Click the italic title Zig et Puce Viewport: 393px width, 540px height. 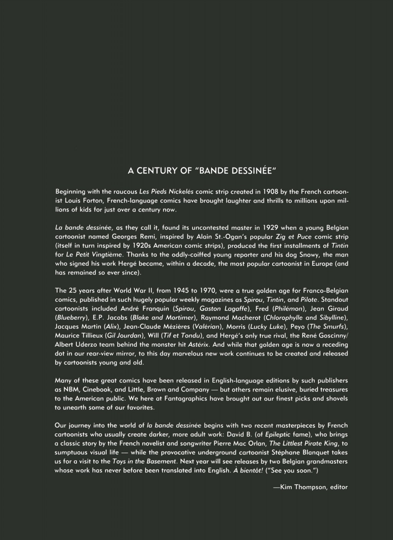point(293,236)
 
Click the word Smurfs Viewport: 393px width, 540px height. point(332,327)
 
